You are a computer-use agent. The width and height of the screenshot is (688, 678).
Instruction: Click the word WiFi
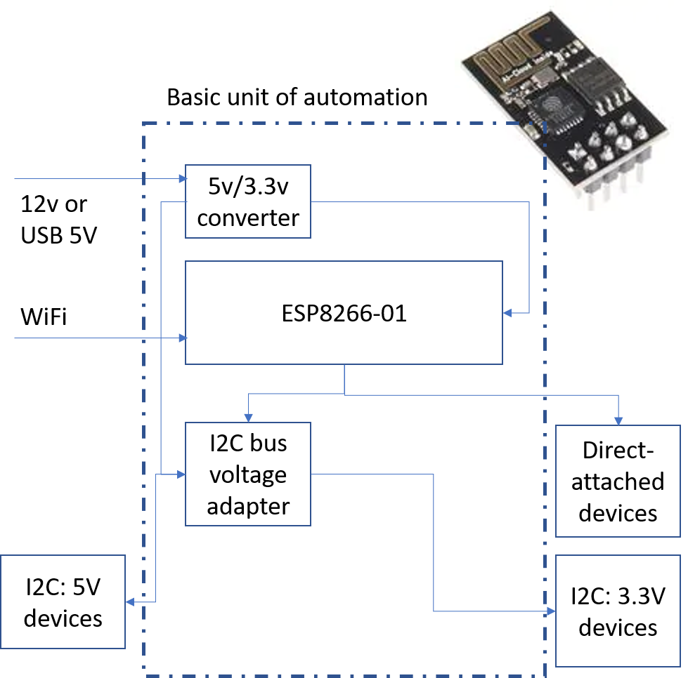click(44, 317)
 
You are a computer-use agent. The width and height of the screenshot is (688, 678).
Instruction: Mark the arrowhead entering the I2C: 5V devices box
click(130, 601)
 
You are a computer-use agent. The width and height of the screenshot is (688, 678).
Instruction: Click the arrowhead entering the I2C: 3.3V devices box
click(551, 611)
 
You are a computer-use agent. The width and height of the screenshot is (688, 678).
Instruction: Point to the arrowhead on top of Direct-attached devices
click(618, 420)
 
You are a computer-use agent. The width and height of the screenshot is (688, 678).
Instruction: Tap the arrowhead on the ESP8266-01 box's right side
click(507, 313)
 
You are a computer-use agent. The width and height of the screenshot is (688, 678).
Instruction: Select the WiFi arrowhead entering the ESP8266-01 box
click(183, 338)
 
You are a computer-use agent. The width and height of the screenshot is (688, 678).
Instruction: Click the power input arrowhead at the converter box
click(183, 178)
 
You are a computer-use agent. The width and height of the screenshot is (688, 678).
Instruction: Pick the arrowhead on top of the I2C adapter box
click(248, 418)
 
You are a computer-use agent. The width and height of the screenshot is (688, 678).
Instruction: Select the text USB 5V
click(59, 235)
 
